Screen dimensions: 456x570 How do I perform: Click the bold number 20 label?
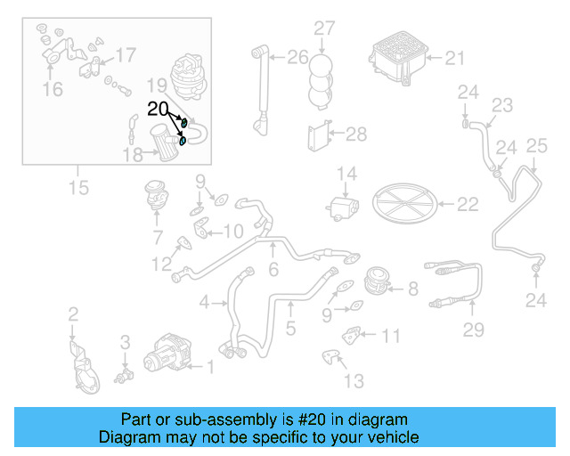[x=158, y=109]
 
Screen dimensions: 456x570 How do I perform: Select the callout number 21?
[x=454, y=59]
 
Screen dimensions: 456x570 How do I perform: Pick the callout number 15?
[x=77, y=189]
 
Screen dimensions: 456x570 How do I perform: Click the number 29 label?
[x=473, y=330]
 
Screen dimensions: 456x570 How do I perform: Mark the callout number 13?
[x=354, y=381]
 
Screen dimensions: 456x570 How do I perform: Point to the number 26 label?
[x=297, y=58]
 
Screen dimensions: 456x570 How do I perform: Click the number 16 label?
[x=53, y=89]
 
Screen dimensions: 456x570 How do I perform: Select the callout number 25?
[x=536, y=145]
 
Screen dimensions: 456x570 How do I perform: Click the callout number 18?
[x=133, y=155]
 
